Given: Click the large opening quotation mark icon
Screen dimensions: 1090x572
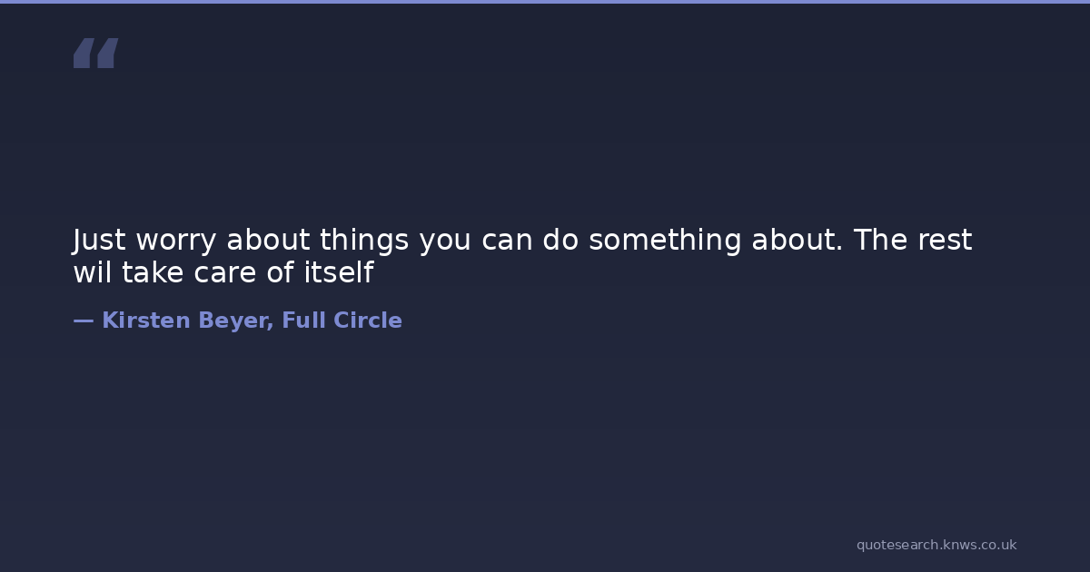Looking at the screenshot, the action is pyautogui.click(x=96, y=53).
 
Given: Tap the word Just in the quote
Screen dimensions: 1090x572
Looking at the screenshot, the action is pyautogui.click(x=99, y=241).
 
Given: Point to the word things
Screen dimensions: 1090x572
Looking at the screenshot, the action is pyautogui.click(x=364, y=241).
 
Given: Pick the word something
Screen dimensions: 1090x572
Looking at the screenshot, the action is pyautogui.click(x=665, y=241).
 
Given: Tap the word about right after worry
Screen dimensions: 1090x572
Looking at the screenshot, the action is pyautogui.click(x=268, y=240).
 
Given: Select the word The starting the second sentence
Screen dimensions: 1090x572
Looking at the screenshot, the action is pyautogui.click(x=880, y=240).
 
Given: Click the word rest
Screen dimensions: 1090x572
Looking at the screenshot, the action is pyautogui.click(x=945, y=241).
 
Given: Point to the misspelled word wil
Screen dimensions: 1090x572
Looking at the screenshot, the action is pyautogui.click(x=92, y=271).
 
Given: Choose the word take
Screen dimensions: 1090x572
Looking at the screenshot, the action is pyautogui.click(x=153, y=271).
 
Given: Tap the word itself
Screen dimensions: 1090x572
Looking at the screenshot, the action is pyautogui.click(x=339, y=271).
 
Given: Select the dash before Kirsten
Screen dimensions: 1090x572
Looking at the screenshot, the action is pyautogui.click(x=84, y=321).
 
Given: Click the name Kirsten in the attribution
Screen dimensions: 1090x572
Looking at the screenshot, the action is pyautogui.click(x=146, y=321).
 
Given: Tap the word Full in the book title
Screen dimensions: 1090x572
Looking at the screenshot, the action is pyautogui.click(x=303, y=320).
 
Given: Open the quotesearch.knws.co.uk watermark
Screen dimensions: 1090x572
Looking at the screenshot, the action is pyautogui.click(x=936, y=546).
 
